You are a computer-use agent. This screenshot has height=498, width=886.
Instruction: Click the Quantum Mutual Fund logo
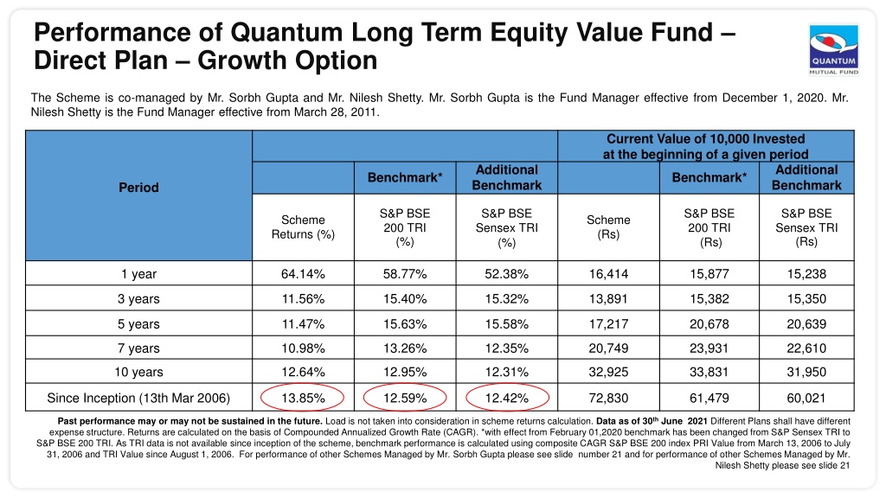pos(833,49)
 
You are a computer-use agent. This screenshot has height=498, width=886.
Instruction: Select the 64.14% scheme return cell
pos(303,274)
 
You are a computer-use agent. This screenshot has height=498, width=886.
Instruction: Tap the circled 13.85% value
pos(303,398)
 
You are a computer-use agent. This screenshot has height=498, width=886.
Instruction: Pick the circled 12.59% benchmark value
pos(405,398)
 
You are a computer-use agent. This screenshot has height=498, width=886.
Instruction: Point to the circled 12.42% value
pos(507,398)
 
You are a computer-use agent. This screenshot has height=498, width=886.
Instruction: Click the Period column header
pos(138,188)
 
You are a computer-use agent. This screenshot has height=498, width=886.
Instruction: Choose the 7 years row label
pos(138,348)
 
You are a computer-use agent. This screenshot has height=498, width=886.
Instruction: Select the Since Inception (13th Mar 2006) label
pos(138,398)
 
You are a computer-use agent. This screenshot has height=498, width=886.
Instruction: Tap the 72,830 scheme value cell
pos(608,398)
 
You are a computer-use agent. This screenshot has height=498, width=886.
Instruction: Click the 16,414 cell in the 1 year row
pos(608,274)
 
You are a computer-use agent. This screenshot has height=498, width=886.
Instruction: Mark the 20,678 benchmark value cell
pos(709,324)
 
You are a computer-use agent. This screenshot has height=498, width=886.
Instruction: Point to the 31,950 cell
pos(806,372)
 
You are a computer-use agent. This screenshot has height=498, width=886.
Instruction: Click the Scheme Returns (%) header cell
pos(303,227)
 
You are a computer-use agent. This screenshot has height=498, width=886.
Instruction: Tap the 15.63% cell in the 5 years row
pos(405,324)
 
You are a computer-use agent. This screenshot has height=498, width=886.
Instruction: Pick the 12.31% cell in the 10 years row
pos(507,372)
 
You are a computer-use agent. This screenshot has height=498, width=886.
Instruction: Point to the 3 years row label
pos(138,298)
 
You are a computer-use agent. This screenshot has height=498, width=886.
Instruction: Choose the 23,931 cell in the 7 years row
pos(709,348)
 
